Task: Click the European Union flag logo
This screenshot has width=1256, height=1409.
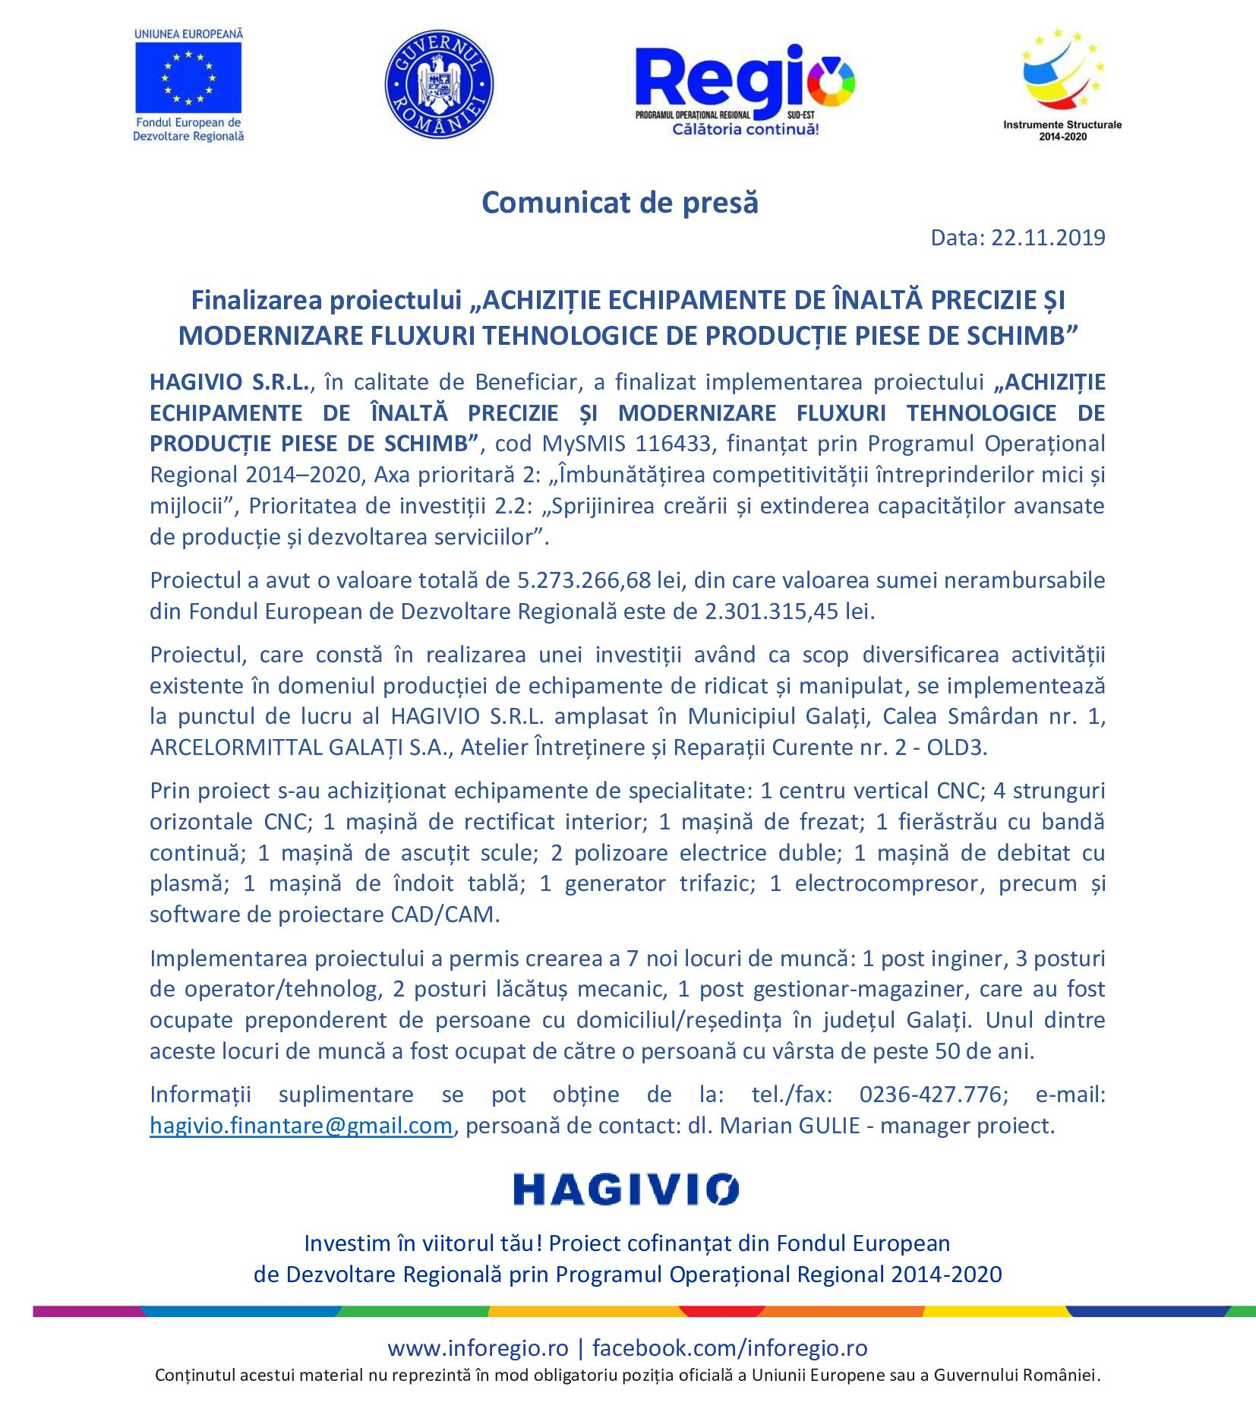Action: [188, 77]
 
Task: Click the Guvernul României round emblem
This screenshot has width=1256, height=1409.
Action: [439, 84]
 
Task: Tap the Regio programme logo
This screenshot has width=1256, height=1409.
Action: [744, 87]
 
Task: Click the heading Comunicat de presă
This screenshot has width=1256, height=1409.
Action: [620, 203]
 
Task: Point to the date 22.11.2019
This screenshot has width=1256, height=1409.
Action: [1048, 238]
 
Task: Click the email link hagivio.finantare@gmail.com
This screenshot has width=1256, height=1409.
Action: [301, 1126]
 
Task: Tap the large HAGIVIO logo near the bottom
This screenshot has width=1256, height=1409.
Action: [625, 1189]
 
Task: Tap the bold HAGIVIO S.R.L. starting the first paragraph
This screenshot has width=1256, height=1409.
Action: [229, 382]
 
